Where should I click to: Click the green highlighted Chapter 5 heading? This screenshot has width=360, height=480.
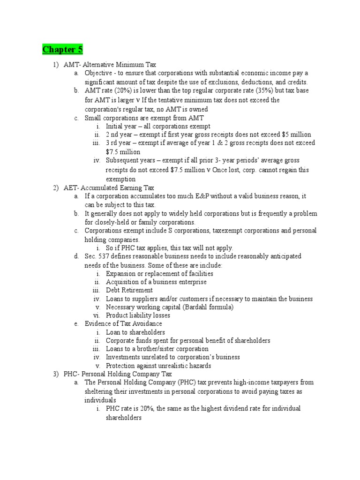59,50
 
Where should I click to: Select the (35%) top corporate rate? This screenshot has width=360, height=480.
257,90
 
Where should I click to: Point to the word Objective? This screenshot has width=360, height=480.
99,73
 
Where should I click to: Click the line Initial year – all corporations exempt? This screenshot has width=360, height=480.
158,126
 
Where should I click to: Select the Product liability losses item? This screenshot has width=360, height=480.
138,315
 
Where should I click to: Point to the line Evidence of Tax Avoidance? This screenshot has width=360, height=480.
123,324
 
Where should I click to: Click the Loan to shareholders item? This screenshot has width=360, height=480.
135,332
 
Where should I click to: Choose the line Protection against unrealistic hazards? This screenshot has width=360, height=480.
158,366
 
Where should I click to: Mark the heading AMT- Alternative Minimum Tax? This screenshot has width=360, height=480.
110,65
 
